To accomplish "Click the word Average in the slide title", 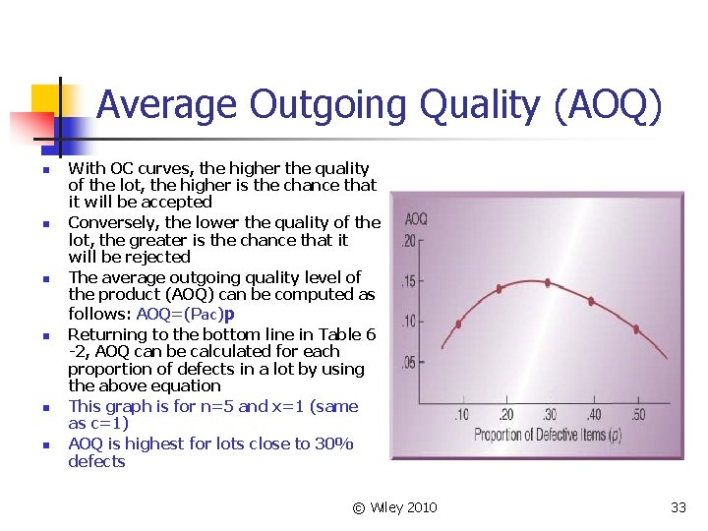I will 167,104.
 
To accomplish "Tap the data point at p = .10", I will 458,324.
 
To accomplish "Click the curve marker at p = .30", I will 547,282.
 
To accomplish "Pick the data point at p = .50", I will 634,333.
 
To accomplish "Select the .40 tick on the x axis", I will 593,415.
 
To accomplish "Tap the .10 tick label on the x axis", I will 460,415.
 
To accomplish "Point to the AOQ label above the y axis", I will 416,218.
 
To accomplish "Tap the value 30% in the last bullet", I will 331,443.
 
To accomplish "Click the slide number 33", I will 678,507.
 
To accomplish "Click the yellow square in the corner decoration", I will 45,98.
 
